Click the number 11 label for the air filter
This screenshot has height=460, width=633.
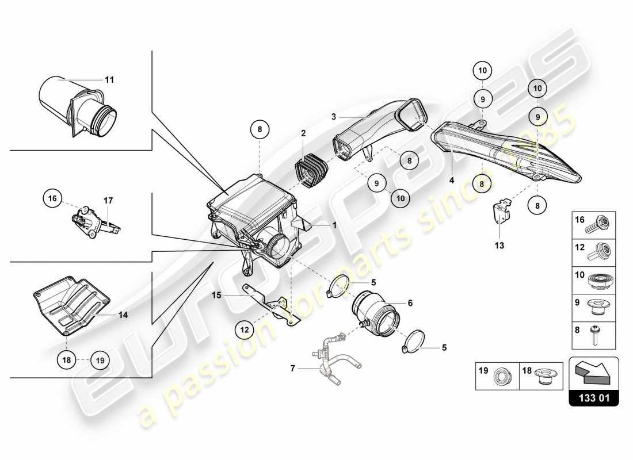[x=109, y=79]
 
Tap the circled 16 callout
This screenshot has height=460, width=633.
[x=52, y=199]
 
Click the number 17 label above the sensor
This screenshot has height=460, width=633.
[x=108, y=201]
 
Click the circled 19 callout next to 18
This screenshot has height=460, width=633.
[x=100, y=361]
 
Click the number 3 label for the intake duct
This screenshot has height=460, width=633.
[x=333, y=117]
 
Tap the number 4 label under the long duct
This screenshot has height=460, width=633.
[x=452, y=180]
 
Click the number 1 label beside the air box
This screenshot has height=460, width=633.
[x=333, y=226]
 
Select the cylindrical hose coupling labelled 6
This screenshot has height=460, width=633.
[x=374, y=313]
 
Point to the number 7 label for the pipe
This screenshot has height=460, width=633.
[x=292, y=368]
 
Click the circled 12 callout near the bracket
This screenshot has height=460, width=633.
[x=245, y=329]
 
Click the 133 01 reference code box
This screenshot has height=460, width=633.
[x=594, y=397]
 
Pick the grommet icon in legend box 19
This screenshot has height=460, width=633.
[x=504, y=377]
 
